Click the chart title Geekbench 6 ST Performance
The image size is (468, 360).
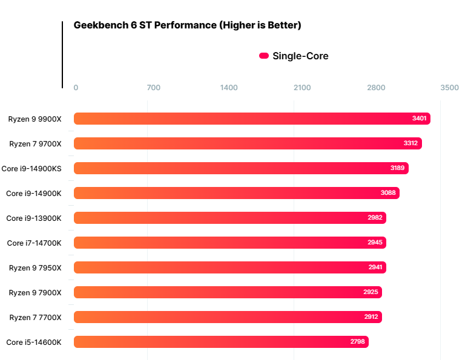[x=187, y=25]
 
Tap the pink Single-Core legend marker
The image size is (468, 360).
[x=264, y=56]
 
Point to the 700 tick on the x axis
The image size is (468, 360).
[x=154, y=88]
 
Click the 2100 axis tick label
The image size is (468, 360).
[x=302, y=88]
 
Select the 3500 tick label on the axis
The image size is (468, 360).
[x=449, y=88]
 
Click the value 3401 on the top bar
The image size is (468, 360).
[x=419, y=119]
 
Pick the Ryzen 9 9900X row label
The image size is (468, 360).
[x=35, y=119]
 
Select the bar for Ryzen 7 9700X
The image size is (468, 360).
[x=248, y=143]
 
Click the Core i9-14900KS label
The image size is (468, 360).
[x=31, y=168]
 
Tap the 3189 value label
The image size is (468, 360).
[x=397, y=168]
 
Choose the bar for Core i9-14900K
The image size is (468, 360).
[x=236, y=193]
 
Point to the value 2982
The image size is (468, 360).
[x=375, y=218]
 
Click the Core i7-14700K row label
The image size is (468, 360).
[x=34, y=243]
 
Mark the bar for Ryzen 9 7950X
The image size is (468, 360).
[x=229, y=267]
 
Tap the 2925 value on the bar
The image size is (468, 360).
[x=371, y=292]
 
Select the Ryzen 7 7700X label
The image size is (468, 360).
[x=35, y=317]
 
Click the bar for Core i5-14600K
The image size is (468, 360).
[x=221, y=342]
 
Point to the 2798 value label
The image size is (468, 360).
[x=357, y=342]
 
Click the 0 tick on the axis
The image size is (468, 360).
[x=76, y=88]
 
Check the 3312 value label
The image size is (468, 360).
[x=410, y=143]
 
